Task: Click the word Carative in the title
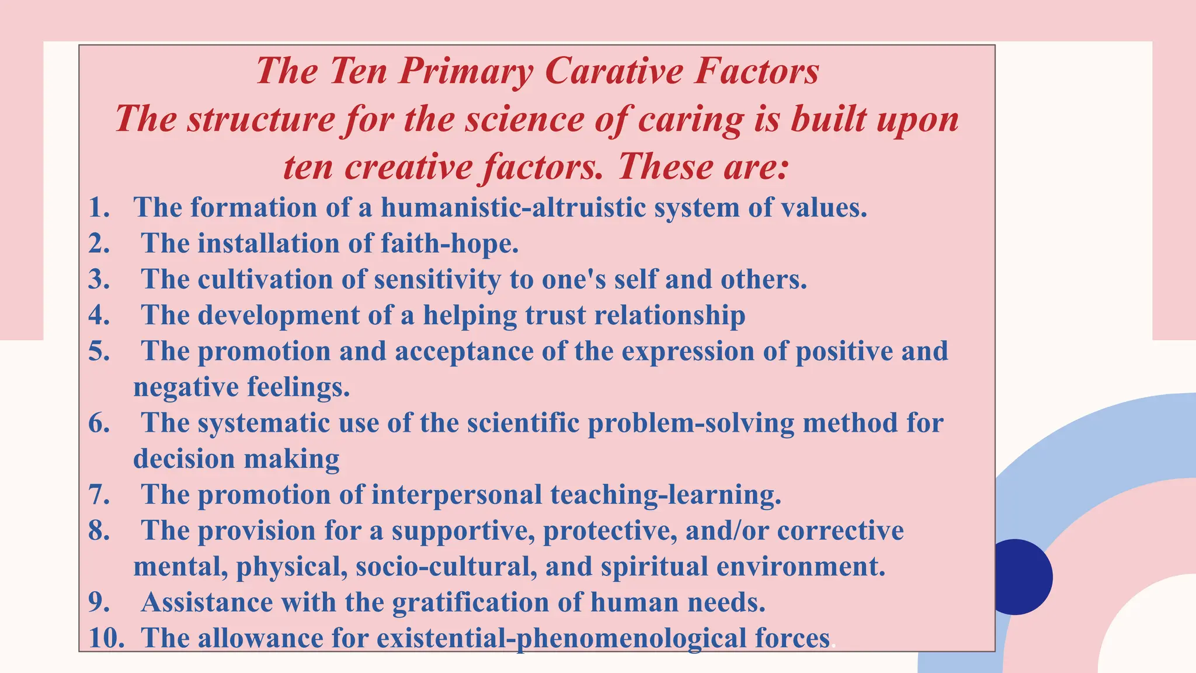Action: click(614, 71)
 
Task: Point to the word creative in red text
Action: click(409, 167)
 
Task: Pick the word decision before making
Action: click(183, 459)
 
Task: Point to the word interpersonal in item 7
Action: click(457, 495)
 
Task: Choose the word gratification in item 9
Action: click(471, 602)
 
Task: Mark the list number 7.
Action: click(99, 495)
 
